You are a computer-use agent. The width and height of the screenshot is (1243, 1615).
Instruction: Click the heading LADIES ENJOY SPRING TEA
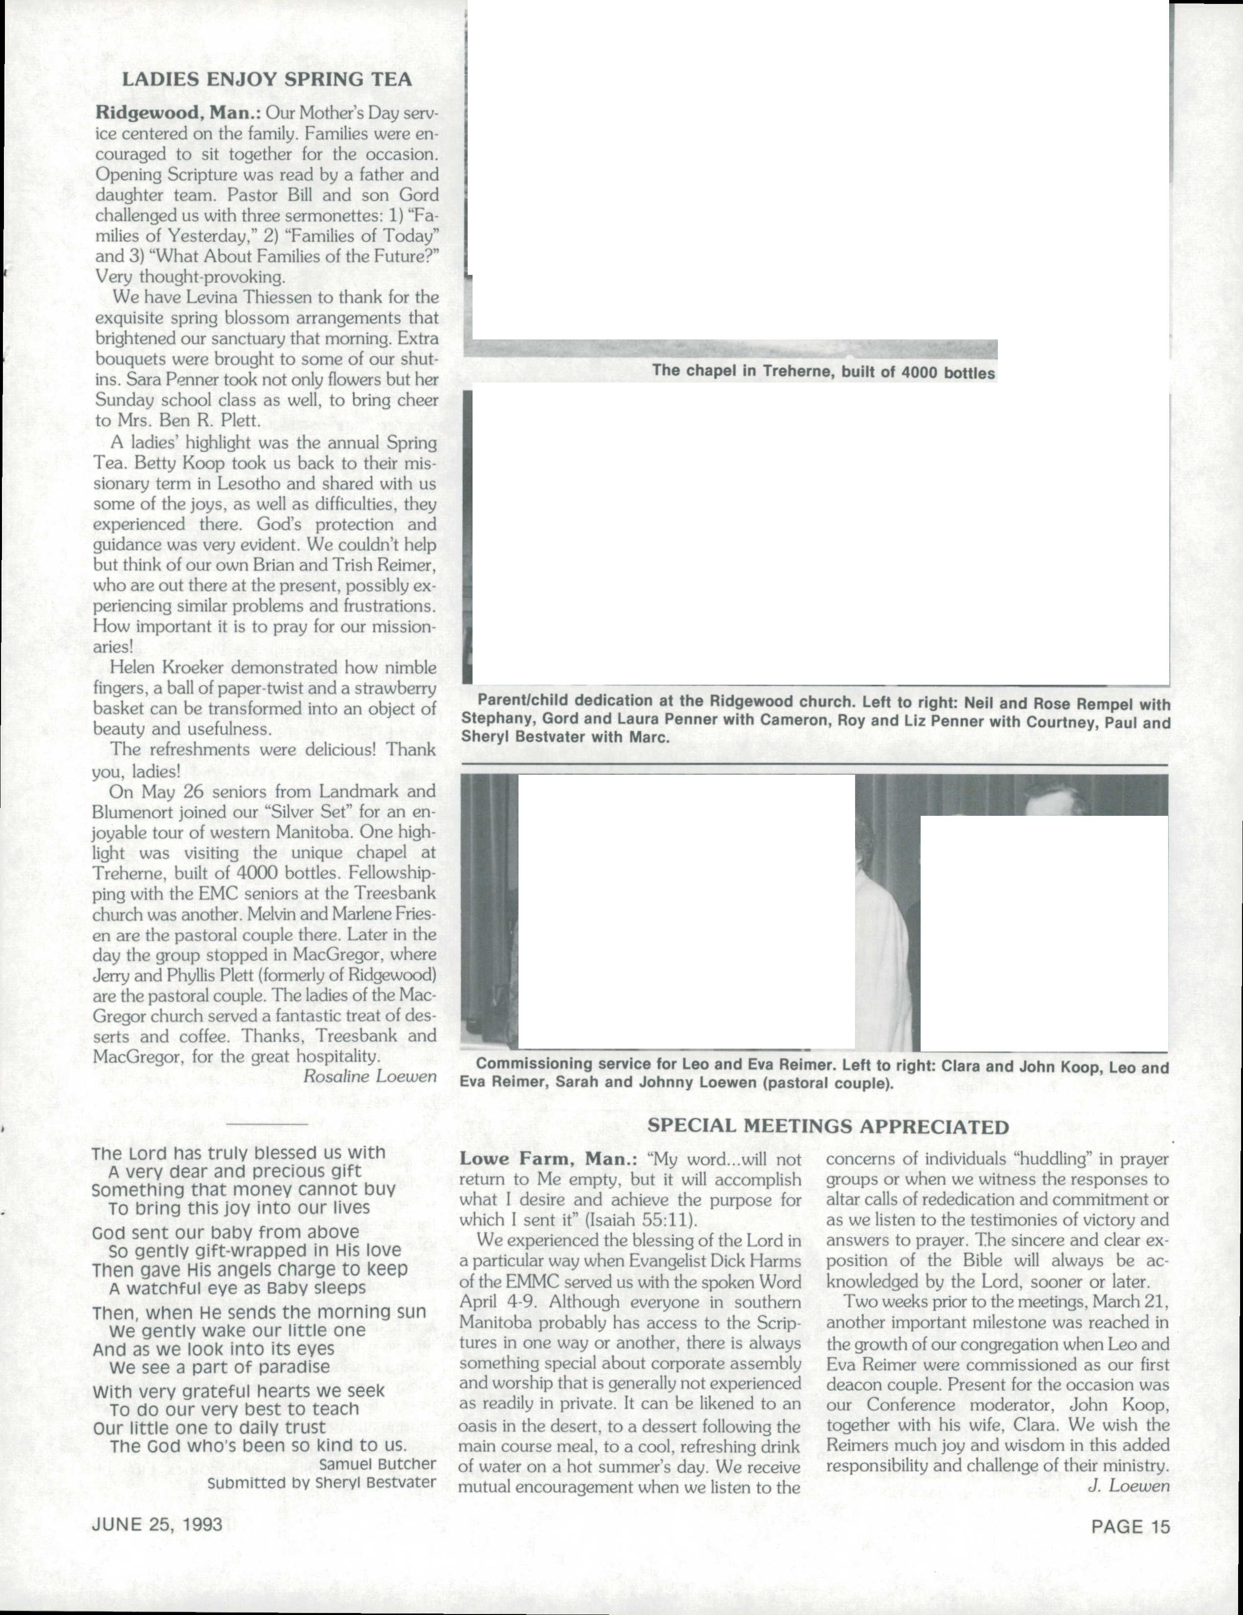pyautogui.click(x=266, y=79)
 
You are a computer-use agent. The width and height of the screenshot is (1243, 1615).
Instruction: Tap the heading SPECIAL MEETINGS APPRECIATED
pyautogui.click(x=828, y=1126)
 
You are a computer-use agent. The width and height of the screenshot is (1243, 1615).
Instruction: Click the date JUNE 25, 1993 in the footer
pyautogui.click(x=157, y=1525)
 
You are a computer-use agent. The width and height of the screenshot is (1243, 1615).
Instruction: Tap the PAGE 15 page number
pyautogui.click(x=1130, y=1525)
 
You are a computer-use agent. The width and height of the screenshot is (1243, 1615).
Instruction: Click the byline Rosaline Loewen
pyautogui.click(x=370, y=1076)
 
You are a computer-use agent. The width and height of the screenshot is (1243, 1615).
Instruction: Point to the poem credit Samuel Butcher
pyautogui.click(x=377, y=1463)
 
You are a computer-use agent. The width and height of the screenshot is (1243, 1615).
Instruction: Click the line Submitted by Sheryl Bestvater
pyautogui.click(x=322, y=1482)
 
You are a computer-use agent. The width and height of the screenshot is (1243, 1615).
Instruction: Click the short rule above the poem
pyautogui.click(x=266, y=1125)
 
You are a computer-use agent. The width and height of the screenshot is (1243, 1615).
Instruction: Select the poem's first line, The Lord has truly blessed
pyautogui.click(x=238, y=1153)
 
